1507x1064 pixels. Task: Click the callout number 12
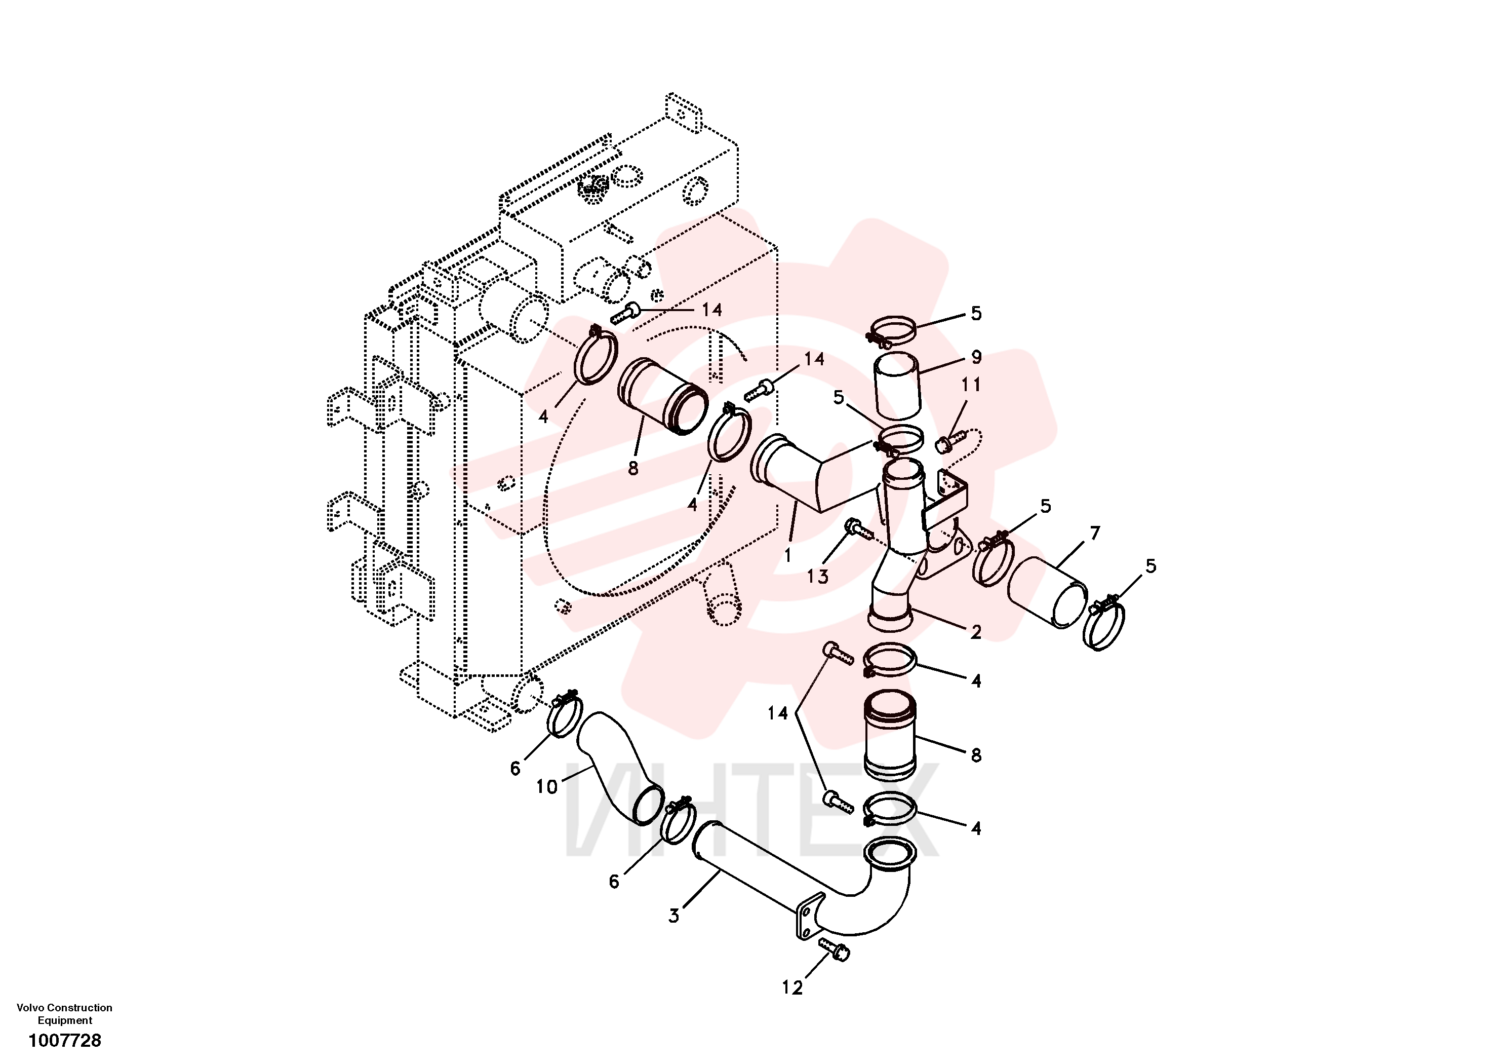point(792,988)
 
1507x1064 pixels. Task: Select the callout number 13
point(817,577)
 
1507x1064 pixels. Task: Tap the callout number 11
point(971,385)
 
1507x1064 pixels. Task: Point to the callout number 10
point(547,787)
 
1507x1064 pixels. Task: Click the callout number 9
point(976,357)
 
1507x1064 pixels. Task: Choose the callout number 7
point(1095,534)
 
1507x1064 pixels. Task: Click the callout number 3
point(673,916)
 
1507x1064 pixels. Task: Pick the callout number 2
point(976,632)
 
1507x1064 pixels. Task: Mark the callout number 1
point(787,556)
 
